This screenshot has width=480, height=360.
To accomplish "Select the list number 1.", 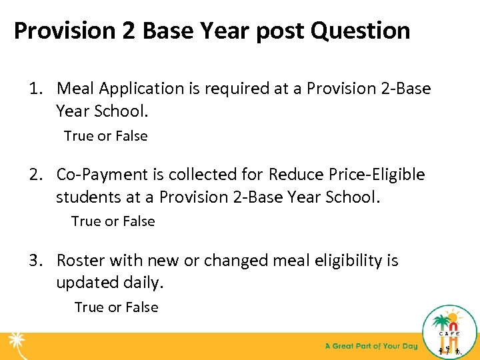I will point(34,89).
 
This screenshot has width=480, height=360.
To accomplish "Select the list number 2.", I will point(34,175).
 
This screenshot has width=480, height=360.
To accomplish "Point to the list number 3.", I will point(34,260).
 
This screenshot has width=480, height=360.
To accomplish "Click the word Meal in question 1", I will point(75,89).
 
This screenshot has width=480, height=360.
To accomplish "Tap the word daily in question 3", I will point(141,283).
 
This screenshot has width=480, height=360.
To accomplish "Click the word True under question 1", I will point(78,136).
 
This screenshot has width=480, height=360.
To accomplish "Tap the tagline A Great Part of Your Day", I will point(371,346).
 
